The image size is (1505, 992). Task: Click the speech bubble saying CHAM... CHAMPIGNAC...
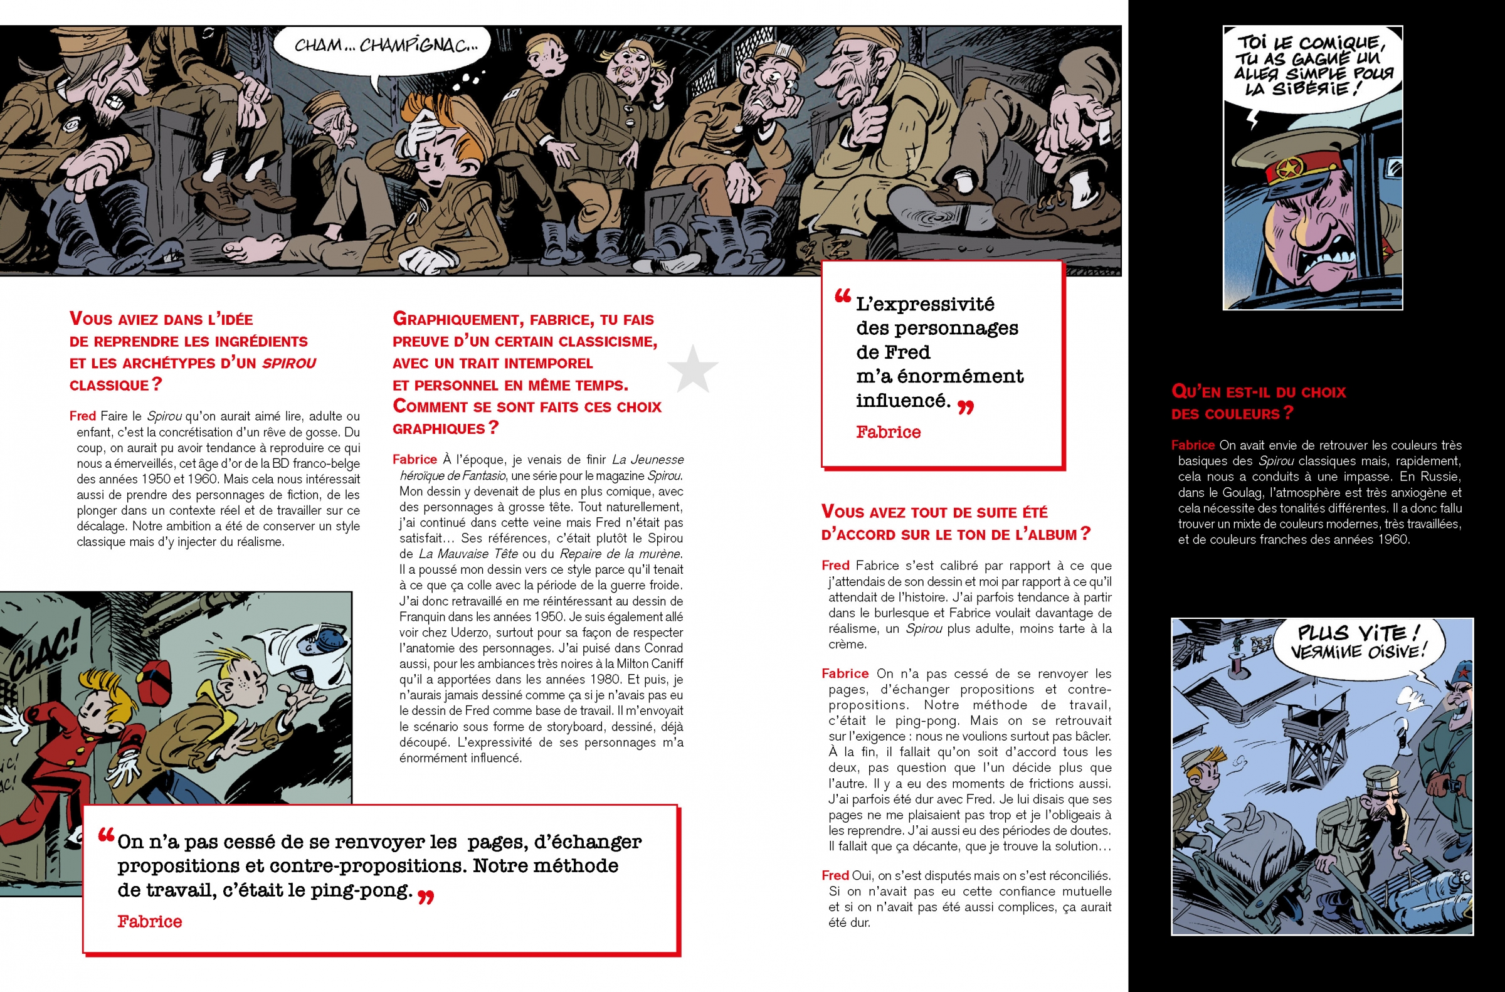(x=383, y=46)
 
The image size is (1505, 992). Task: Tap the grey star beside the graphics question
(x=693, y=368)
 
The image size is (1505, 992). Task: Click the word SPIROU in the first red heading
(x=288, y=364)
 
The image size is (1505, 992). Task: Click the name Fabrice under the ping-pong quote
(x=149, y=922)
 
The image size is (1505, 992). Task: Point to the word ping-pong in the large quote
(x=361, y=891)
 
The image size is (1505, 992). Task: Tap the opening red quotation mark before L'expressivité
(x=842, y=296)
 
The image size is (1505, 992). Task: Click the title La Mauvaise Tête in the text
(x=468, y=554)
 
